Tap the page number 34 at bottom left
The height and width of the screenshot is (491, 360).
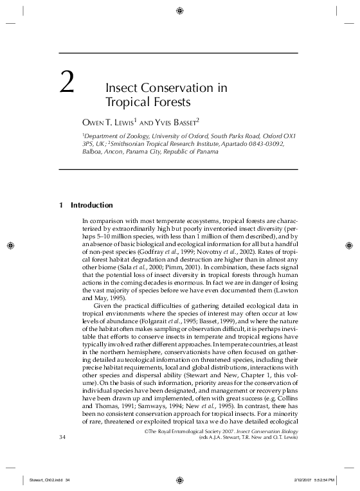click(x=63, y=438)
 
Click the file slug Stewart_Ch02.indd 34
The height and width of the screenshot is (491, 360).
click(x=50, y=479)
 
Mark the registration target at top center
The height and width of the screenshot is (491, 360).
click(x=179, y=11)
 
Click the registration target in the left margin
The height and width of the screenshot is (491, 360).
click(x=11, y=245)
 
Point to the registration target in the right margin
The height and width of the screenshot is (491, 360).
click(x=348, y=245)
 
